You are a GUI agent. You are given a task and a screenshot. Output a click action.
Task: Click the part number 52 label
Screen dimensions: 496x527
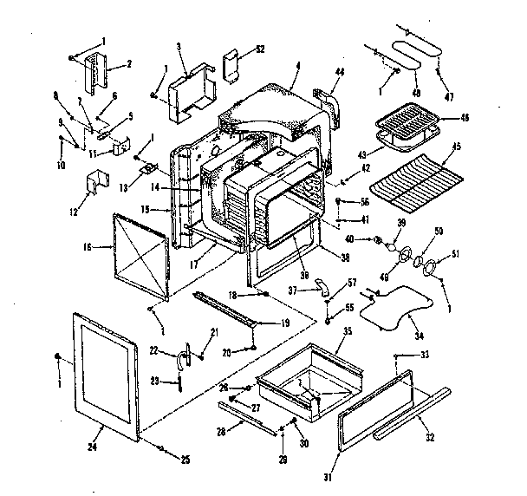pos(259,50)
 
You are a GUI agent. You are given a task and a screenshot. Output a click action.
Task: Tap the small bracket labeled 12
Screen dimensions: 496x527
pos(92,186)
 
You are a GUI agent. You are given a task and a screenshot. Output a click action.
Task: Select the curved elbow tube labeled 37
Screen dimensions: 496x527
pos(322,285)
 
